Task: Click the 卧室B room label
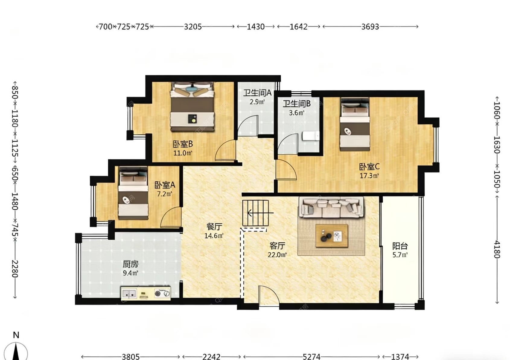(x=183, y=144)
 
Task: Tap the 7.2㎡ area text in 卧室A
(x=164, y=194)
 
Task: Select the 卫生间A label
(x=257, y=93)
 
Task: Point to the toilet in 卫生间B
(x=311, y=136)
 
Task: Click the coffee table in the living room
(x=332, y=235)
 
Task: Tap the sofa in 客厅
(x=331, y=207)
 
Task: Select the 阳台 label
(x=400, y=246)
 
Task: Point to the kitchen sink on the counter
(x=129, y=293)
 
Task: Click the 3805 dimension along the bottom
(x=131, y=356)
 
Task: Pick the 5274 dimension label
(x=311, y=356)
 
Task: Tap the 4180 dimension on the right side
(x=497, y=249)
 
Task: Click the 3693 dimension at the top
(x=370, y=27)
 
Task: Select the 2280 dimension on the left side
(x=15, y=269)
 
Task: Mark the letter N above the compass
(x=16, y=335)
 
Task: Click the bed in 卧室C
(x=355, y=125)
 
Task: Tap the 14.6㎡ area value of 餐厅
(x=214, y=235)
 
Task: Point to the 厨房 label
(x=131, y=264)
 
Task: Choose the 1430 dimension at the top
(x=256, y=27)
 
